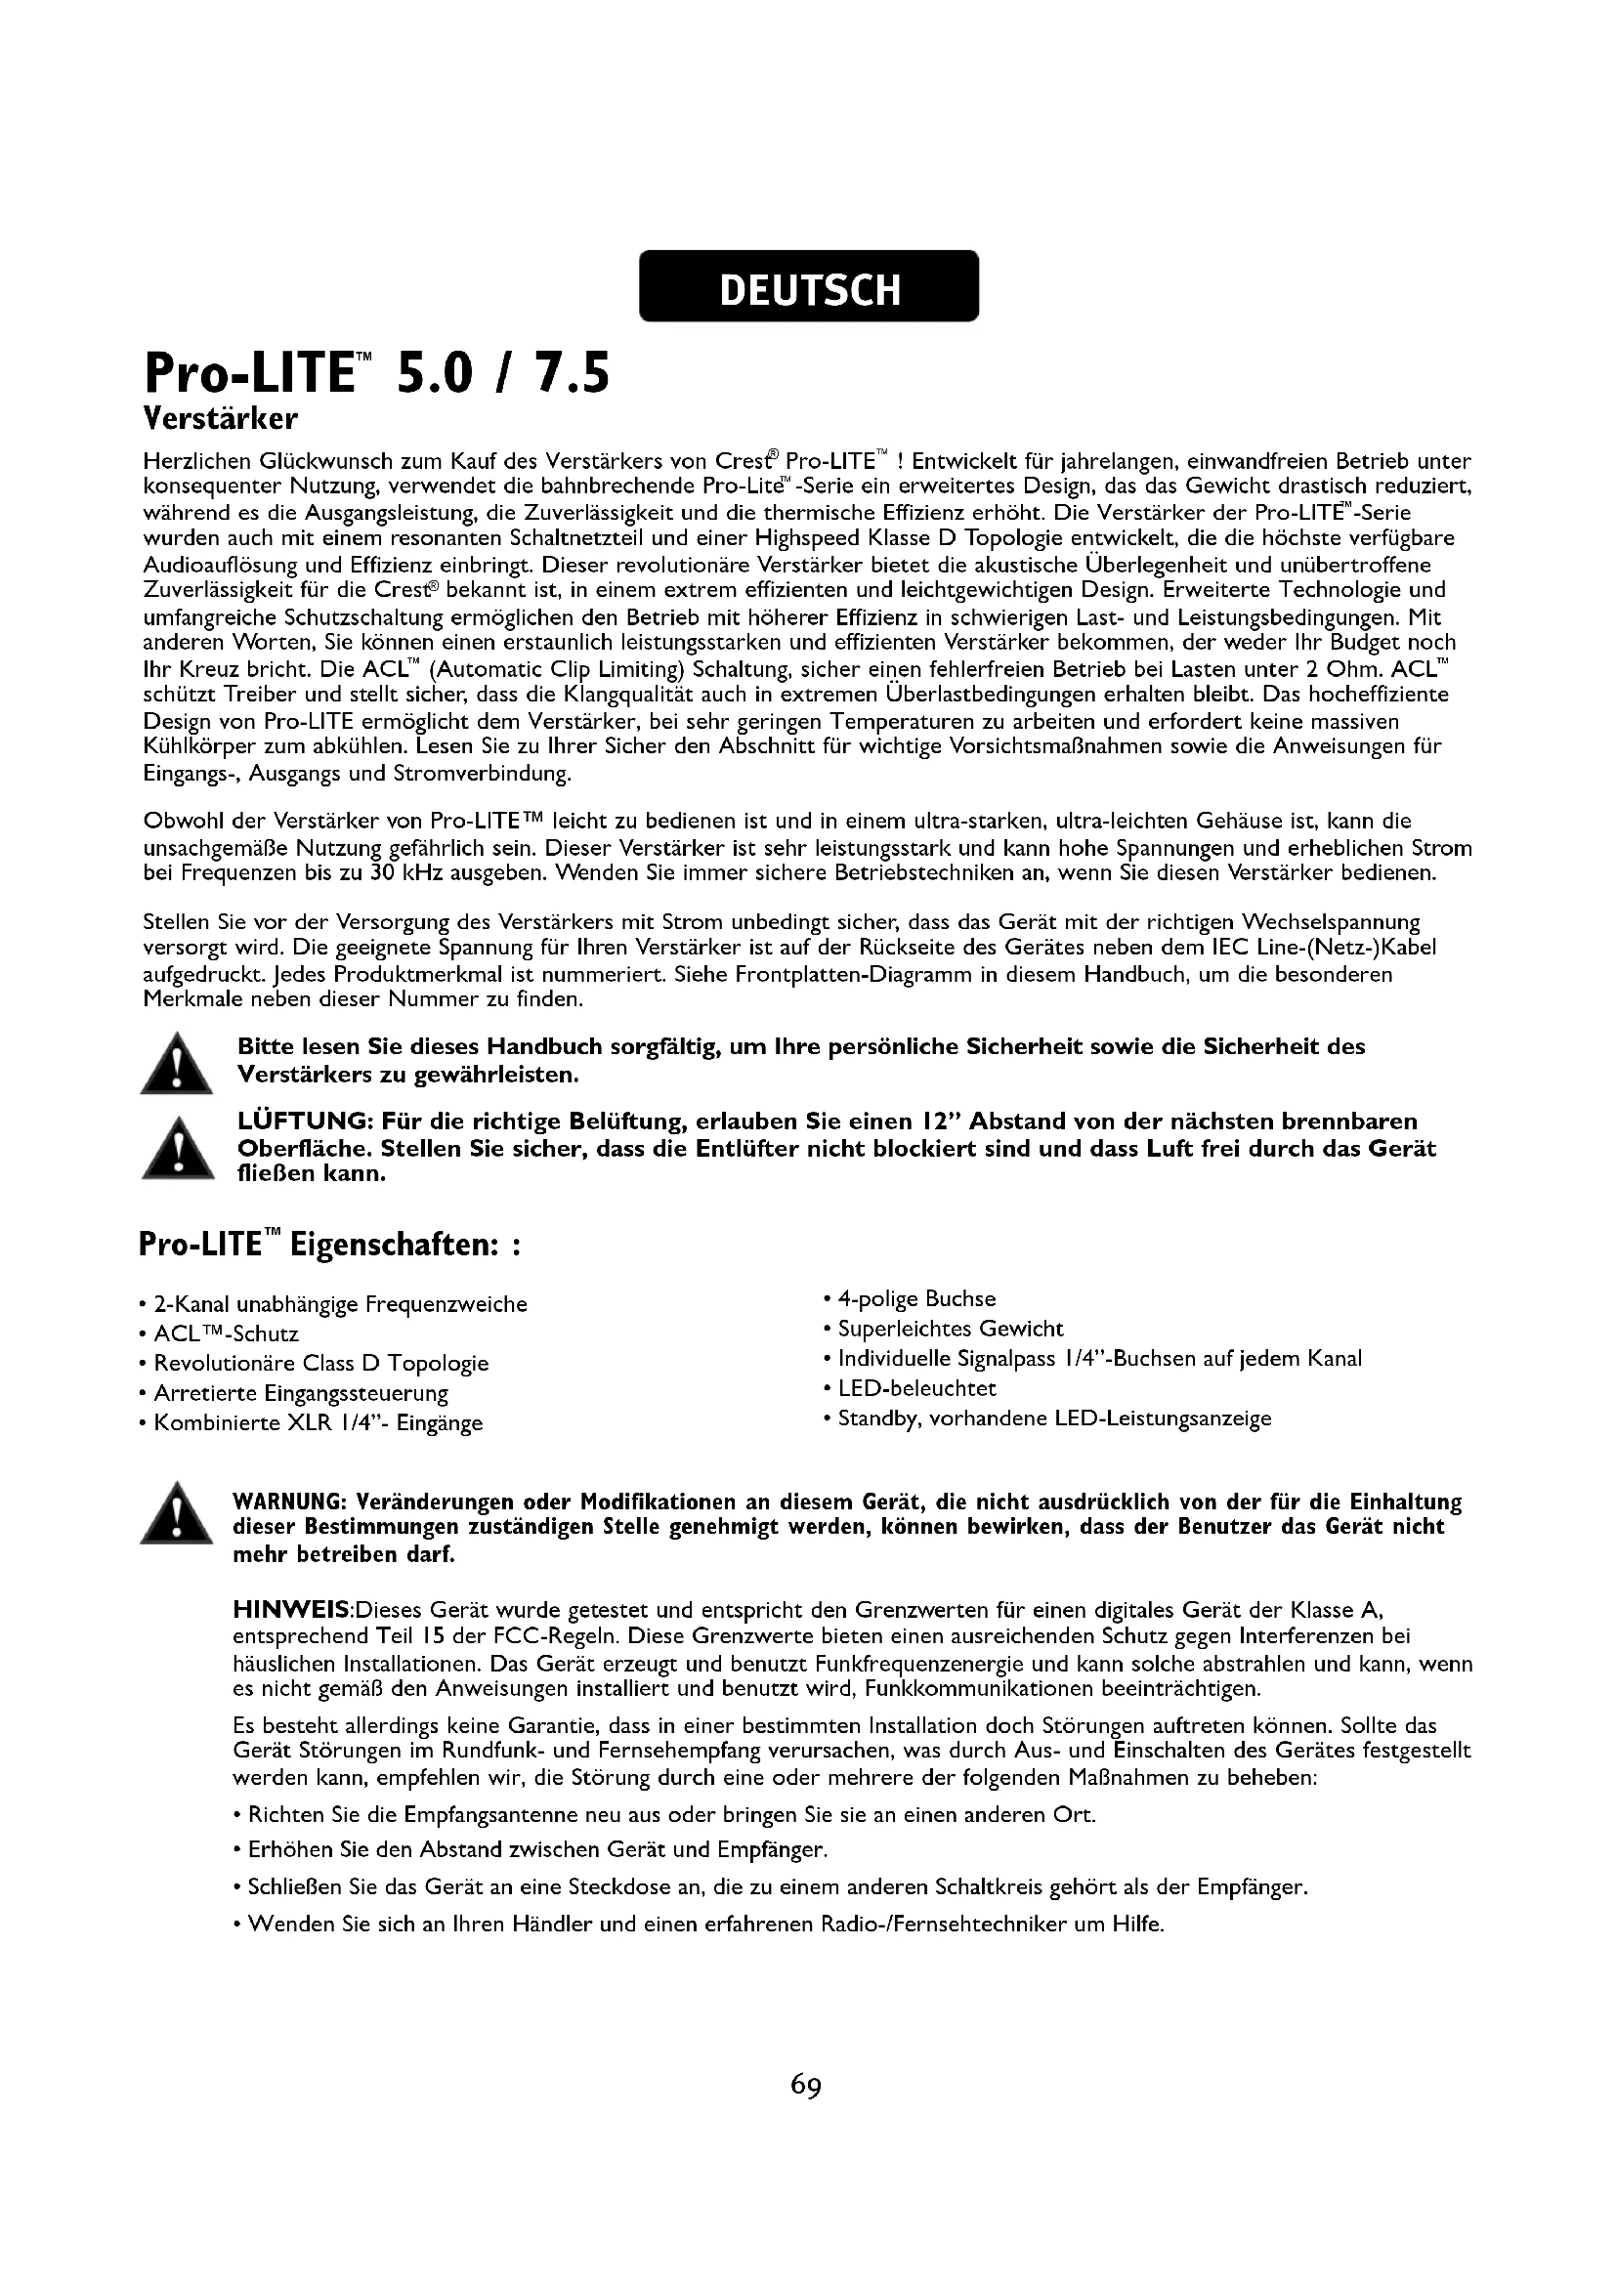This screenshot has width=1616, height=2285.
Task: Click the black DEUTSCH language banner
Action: click(808, 286)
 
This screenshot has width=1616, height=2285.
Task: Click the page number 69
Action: click(806, 2084)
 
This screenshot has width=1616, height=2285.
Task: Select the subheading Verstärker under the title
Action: click(220, 418)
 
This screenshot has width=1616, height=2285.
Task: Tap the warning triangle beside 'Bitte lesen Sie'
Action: click(176, 1064)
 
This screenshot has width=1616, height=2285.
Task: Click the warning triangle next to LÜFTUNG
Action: click(176, 1149)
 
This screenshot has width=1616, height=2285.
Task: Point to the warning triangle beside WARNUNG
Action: click(176, 1513)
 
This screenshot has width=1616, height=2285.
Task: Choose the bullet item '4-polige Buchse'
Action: click(915, 1298)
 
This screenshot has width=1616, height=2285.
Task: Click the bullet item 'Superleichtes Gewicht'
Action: click(951, 1329)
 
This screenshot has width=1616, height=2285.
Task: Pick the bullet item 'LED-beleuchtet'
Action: click(916, 1388)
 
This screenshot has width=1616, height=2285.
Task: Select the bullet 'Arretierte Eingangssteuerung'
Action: click(301, 1393)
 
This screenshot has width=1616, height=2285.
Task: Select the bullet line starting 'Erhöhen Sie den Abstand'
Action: click(537, 1850)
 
